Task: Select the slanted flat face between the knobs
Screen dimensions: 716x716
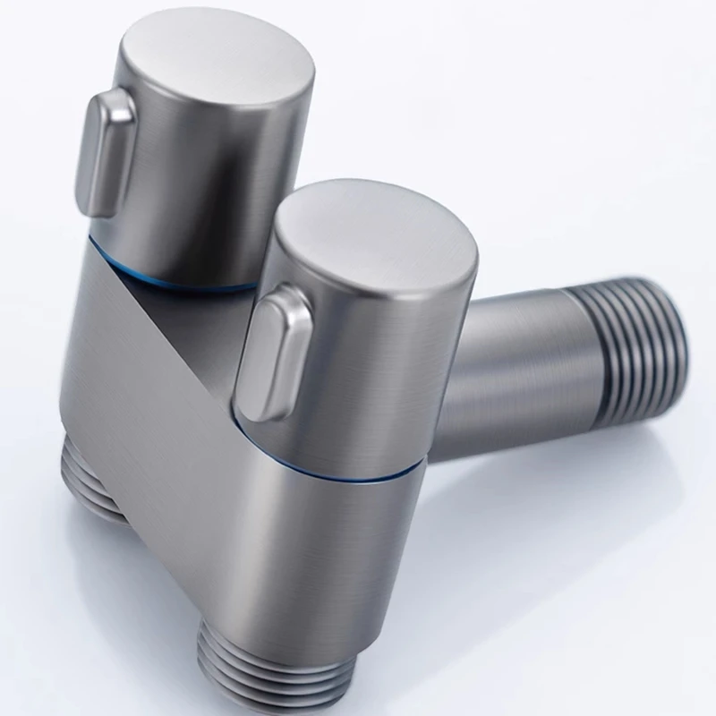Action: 179,358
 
